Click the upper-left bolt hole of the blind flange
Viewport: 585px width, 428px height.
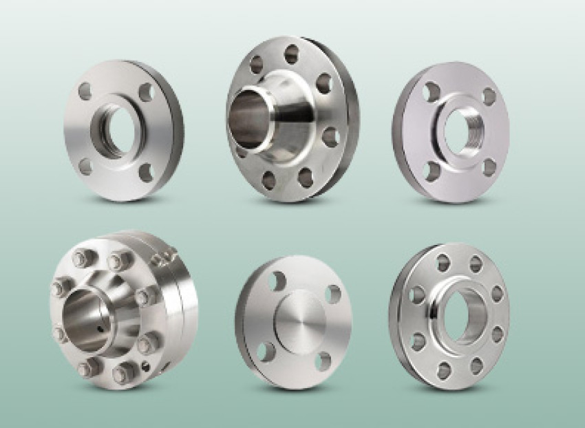click(277, 279)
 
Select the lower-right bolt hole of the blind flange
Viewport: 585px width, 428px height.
click(323, 360)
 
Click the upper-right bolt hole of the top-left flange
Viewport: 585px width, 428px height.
click(146, 92)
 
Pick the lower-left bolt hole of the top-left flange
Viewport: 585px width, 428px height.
click(85, 166)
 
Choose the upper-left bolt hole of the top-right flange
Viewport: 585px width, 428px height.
click(432, 92)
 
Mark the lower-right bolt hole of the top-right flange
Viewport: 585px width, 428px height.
click(489, 167)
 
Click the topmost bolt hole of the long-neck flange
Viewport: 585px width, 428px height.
click(292, 54)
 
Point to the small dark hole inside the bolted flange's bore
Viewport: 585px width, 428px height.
click(101, 328)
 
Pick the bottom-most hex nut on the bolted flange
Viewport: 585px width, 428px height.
click(123, 373)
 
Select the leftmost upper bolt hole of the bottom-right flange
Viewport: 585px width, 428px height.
click(416, 295)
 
